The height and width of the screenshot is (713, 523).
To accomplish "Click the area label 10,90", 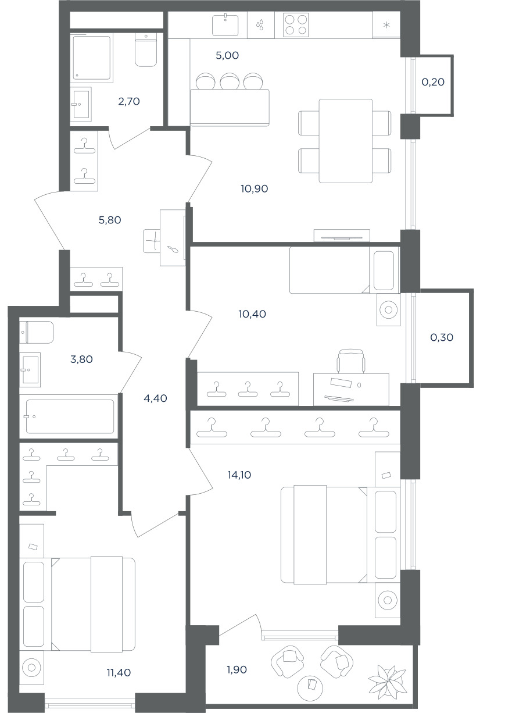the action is tap(254, 189).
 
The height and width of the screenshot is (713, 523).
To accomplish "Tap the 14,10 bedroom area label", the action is tap(239, 475).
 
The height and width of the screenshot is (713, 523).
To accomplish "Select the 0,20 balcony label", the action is tap(433, 82).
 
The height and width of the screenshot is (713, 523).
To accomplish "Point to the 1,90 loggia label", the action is tap(237, 670).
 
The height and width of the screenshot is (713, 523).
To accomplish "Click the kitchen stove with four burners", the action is tap(296, 24).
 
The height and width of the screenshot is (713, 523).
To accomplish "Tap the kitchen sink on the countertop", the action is tap(225, 24).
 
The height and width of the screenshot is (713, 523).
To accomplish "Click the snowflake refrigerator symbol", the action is tap(386, 25).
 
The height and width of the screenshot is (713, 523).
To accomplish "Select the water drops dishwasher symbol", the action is tap(260, 24).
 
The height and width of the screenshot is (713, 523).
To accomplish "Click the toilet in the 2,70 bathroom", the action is tap(146, 49).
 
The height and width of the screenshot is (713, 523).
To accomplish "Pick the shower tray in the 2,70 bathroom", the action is tap(92, 58).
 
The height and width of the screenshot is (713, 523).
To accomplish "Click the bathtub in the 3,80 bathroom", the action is tap(70, 416).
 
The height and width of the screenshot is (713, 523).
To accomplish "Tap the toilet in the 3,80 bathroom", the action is tap(36, 332).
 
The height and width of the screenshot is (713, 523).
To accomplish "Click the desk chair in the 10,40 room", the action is tap(351, 361).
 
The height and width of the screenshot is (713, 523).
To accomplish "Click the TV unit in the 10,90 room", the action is tap(342, 235).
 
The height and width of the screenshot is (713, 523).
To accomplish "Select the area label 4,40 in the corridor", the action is tap(155, 398).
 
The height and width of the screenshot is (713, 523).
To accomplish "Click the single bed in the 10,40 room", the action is tap(345, 270).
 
